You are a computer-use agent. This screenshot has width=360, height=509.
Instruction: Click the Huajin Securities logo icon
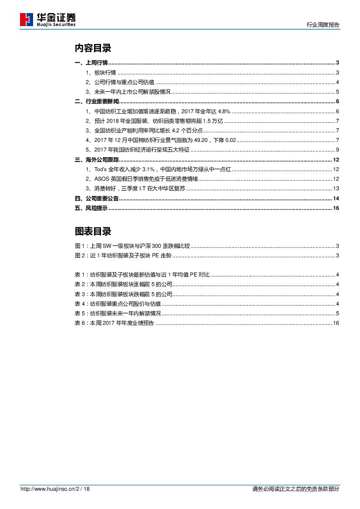[x=27, y=20]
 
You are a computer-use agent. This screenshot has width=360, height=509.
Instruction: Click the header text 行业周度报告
[x=323, y=25]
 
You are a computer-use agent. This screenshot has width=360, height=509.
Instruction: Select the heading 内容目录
[x=93, y=48]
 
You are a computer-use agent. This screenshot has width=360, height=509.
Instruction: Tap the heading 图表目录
[x=93, y=231]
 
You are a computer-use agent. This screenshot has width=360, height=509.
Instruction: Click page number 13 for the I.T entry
[x=336, y=189]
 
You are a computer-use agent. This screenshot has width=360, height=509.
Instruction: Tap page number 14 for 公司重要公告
[x=336, y=199]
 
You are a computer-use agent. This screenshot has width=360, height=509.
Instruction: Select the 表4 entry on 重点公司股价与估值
[x=118, y=303]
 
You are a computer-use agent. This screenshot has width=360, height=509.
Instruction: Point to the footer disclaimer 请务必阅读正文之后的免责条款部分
[x=296, y=489]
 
